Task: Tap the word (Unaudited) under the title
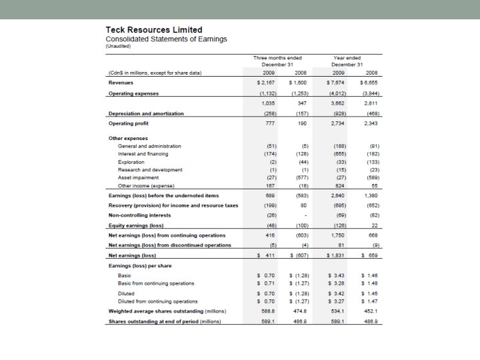[x=119, y=47]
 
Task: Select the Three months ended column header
[x=277, y=58]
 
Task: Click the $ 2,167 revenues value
[x=266, y=83]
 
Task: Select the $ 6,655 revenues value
[x=369, y=83]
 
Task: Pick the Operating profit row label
[x=129, y=123]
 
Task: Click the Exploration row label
[x=131, y=162]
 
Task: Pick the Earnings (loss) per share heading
[x=141, y=265]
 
